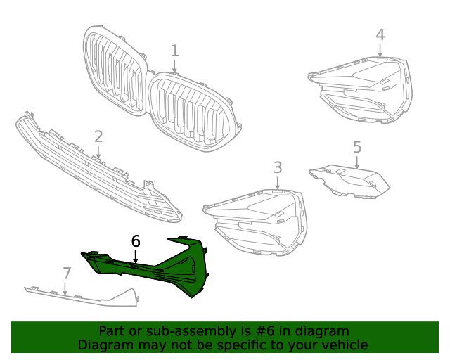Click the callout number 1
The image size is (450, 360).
click(x=175, y=51)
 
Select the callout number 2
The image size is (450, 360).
click(x=98, y=136)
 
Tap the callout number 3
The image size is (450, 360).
click(x=278, y=167)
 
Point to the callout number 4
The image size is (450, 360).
click(x=380, y=34)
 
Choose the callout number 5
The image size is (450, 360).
click(x=357, y=147)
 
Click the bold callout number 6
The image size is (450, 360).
click(x=136, y=241)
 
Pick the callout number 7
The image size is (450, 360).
click(x=67, y=273)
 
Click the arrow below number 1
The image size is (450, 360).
click(x=174, y=66)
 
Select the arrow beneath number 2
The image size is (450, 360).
click(x=98, y=152)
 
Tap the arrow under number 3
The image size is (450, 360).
click(x=278, y=183)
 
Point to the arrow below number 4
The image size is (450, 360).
click(x=380, y=50)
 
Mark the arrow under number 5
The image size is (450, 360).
click(x=356, y=162)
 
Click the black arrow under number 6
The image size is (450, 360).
click(x=136, y=257)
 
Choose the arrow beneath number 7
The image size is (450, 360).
click(x=65, y=288)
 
